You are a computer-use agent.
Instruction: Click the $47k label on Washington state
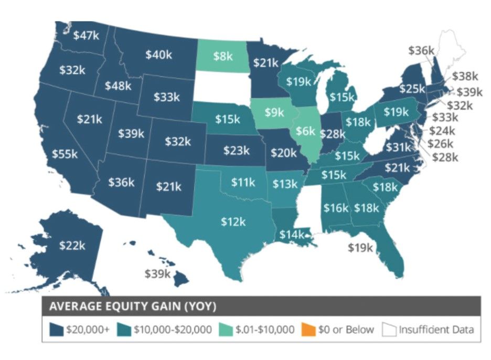[x=83, y=36]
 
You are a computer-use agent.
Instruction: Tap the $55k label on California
[x=65, y=154]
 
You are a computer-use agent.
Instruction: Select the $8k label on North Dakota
[x=223, y=56]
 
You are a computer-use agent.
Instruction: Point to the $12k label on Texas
[x=233, y=222]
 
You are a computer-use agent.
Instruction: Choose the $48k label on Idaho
[x=118, y=86]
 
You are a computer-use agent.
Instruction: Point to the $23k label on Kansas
[x=237, y=151]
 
